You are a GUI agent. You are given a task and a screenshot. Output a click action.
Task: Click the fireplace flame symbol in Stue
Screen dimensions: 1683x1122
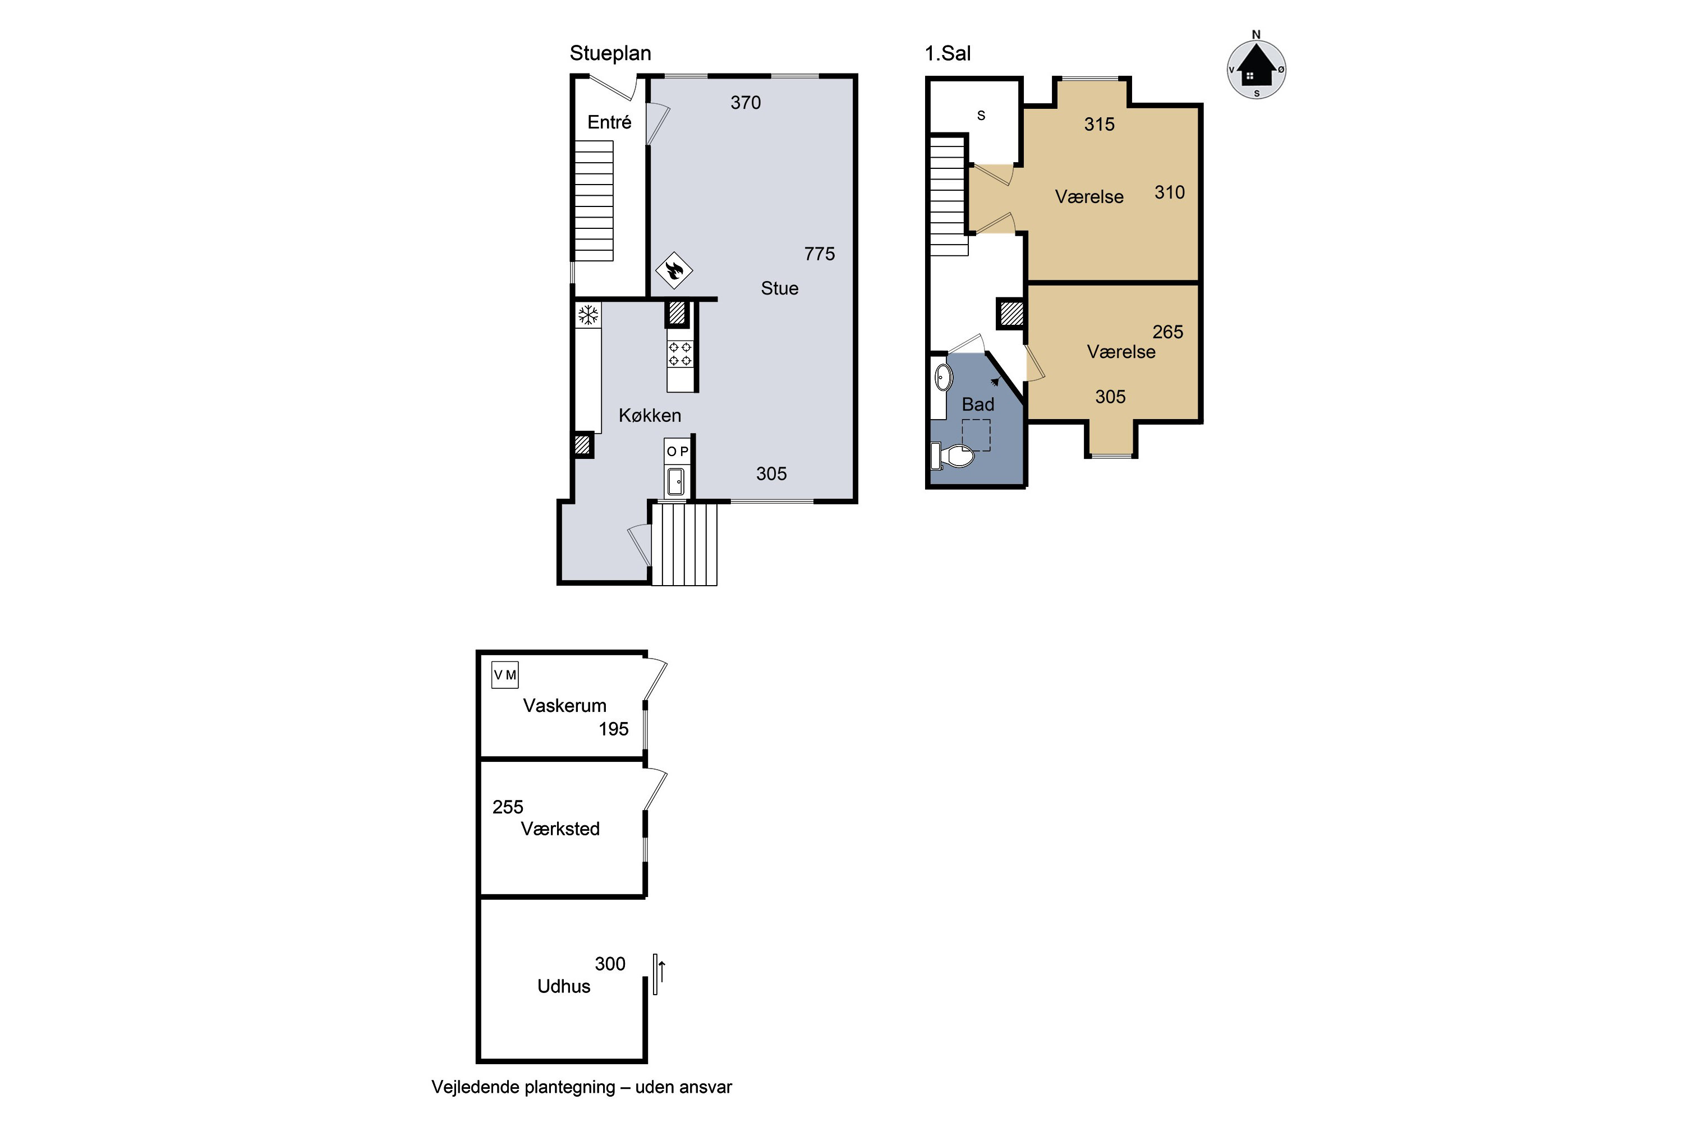[674, 270]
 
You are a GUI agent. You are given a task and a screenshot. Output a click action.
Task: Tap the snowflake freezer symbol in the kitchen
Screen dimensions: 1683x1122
[588, 315]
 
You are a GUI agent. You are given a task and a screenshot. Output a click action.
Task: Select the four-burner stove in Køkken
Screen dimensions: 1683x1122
[680, 353]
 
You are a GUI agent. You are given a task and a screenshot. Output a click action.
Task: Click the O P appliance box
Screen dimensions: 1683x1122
[678, 452]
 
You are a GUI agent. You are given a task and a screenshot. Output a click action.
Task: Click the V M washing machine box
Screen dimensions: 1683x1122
[504, 675]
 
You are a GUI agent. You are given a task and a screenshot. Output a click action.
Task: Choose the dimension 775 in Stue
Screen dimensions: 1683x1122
[819, 254]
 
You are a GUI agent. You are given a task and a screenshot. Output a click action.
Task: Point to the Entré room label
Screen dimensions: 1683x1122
[610, 122]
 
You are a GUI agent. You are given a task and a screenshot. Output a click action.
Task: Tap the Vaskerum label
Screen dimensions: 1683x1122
[564, 706]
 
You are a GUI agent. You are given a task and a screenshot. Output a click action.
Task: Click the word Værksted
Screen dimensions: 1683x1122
[560, 829]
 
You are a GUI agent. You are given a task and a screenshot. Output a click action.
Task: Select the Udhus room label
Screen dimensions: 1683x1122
[564, 986]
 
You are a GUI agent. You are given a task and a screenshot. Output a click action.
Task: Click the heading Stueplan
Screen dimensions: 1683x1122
[610, 54]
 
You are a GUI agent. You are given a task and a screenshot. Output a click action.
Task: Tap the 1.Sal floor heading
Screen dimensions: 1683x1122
[948, 54]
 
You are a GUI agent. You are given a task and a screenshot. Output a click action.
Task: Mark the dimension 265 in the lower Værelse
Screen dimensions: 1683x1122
[1168, 332]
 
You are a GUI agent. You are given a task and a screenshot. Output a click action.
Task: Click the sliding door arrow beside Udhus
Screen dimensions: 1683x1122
[662, 972]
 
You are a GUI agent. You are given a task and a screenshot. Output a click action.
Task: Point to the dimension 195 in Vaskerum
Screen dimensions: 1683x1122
[614, 729]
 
